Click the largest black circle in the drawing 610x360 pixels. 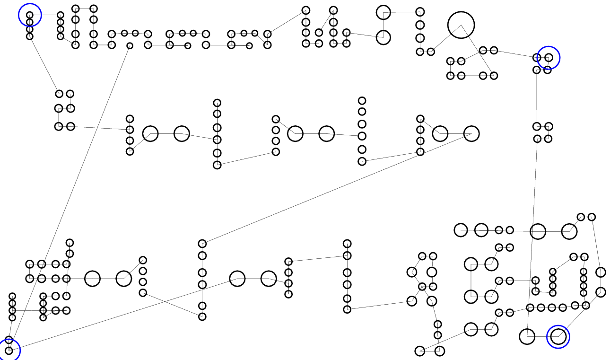pos(461,25)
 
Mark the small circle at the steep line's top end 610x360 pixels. pos(130,46)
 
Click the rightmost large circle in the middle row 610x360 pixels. pos(471,134)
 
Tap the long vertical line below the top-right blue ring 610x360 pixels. pos(537,99)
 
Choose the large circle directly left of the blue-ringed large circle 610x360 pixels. pos(527,336)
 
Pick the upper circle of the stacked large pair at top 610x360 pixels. pos(383,12)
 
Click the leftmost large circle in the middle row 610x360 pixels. pos(150,134)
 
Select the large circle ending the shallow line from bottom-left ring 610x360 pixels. pos(237,279)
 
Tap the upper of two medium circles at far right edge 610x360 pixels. pos(601,272)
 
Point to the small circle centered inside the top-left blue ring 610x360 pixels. pos(30,15)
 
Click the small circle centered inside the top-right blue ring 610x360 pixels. pos(549,58)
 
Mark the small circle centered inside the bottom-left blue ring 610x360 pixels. pos(9,351)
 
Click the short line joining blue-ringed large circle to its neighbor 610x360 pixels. pos(543,336)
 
